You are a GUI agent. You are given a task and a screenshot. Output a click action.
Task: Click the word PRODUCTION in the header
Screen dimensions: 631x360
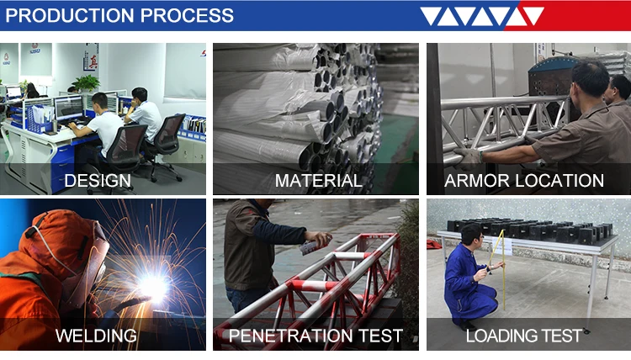click(x=70, y=15)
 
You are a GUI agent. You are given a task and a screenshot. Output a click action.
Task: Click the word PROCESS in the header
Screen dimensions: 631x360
click(x=187, y=15)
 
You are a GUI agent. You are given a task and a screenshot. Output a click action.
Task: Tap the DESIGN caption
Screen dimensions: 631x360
click(x=98, y=181)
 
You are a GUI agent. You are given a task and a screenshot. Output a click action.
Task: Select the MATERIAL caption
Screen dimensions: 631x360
click(x=318, y=181)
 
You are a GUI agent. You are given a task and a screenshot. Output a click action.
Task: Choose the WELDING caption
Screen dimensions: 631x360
click(x=96, y=336)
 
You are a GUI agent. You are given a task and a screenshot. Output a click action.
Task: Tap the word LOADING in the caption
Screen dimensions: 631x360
click(x=497, y=336)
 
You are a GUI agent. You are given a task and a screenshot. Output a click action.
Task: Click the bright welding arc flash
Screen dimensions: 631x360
click(x=153, y=287)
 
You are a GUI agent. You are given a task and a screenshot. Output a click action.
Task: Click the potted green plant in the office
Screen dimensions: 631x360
click(x=86, y=83)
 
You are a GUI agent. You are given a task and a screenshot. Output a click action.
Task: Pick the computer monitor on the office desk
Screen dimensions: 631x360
click(x=68, y=108)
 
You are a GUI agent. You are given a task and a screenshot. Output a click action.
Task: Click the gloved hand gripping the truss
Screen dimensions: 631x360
click(x=468, y=158)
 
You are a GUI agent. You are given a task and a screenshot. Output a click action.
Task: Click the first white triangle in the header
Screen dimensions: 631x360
click(x=430, y=16)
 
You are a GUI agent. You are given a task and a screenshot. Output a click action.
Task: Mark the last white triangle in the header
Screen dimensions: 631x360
click(x=533, y=16)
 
